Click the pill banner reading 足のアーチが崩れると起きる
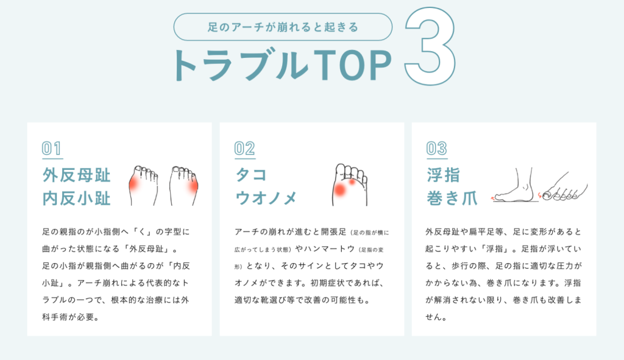click(x=283, y=27)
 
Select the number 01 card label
click(x=52, y=149)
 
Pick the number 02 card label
click(x=244, y=149)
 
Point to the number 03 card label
click(x=436, y=149)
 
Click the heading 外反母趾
click(x=76, y=175)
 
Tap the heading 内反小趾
click(x=76, y=198)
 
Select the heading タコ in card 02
click(x=251, y=175)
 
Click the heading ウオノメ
click(x=266, y=198)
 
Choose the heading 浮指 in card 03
click(x=444, y=175)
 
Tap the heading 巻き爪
click(x=452, y=198)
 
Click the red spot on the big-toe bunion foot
click(x=134, y=183)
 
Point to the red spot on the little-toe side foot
click(x=193, y=185)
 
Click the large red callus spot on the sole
click(x=340, y=190)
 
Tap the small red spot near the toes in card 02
click(x=352, y=182)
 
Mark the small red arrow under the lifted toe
click(x=495, y=197)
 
